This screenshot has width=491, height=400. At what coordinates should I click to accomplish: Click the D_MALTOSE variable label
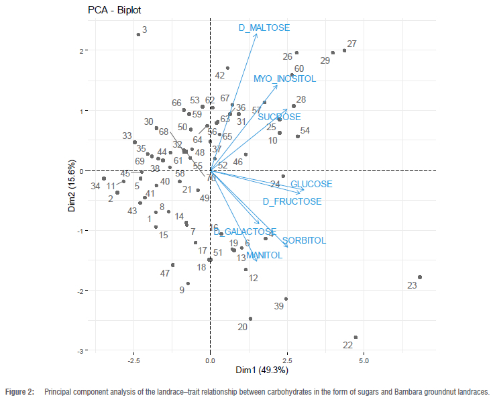coord(264,28)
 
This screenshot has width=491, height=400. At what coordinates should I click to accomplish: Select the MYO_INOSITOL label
coord(284,79)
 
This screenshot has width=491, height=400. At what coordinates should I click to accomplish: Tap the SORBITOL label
coord(304,241)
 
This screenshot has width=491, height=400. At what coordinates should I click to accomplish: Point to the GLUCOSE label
coord(311,185)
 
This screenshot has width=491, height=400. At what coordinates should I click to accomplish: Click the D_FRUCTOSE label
coord(292,201)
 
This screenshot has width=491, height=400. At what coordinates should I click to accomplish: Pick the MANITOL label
coord(264,256)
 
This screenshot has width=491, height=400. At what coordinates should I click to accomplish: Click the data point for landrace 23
coord(420,277)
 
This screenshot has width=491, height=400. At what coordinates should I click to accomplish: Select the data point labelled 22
coord(356,338)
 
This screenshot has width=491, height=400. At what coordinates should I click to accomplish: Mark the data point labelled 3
coord(139,34)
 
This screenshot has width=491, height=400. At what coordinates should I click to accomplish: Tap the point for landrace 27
coord(345,50)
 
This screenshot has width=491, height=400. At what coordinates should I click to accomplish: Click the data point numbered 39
coord(286,299)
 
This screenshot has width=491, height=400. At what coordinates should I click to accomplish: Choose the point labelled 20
coord(250,319)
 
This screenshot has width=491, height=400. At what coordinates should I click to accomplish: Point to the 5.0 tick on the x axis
coord(364,360)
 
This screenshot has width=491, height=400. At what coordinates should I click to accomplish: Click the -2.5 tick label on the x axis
coord(134,360)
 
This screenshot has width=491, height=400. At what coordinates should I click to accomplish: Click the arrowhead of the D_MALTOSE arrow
coord(257,34)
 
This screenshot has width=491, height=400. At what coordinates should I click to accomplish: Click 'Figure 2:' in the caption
coord(19,391)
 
